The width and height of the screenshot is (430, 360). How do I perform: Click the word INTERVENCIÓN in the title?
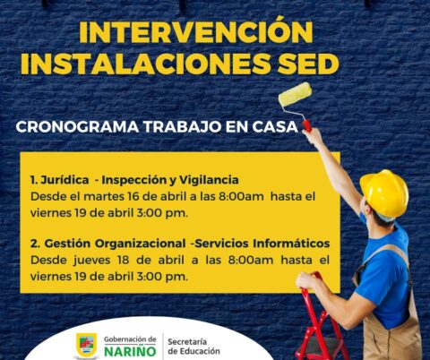click(196, 33)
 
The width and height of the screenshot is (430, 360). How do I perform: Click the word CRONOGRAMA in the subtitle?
click(71, 127)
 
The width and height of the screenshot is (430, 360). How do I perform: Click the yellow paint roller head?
click(295, 94)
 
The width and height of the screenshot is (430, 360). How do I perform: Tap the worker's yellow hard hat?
click(384, 190)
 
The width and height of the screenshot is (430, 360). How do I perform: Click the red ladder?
click(320, 322)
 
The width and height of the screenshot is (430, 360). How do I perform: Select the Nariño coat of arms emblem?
click(87, 345)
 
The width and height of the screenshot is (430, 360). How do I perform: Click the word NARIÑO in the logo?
click(130, 351)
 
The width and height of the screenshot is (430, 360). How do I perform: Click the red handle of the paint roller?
click(306, 124)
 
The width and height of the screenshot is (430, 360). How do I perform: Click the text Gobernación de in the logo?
click(130, 339)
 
